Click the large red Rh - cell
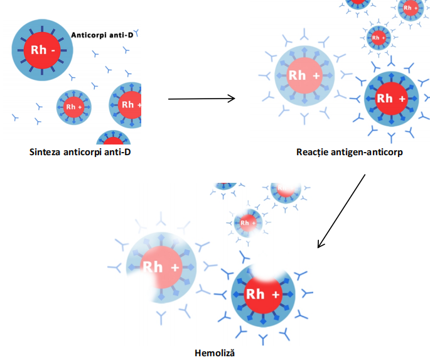tap(42, 49)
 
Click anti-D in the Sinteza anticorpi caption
tap(119, 152)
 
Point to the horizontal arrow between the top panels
tap(201, 98)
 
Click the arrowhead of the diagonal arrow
tap(321, 244)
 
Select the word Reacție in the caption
tap(314, 152)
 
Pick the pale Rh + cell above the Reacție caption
tap(304, 76)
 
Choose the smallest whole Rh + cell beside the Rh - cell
tap(74, 106)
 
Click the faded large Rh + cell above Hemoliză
tap(161, 267)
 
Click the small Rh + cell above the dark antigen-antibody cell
tap(378, 38)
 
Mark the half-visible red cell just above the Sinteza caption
tap(113, 138)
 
